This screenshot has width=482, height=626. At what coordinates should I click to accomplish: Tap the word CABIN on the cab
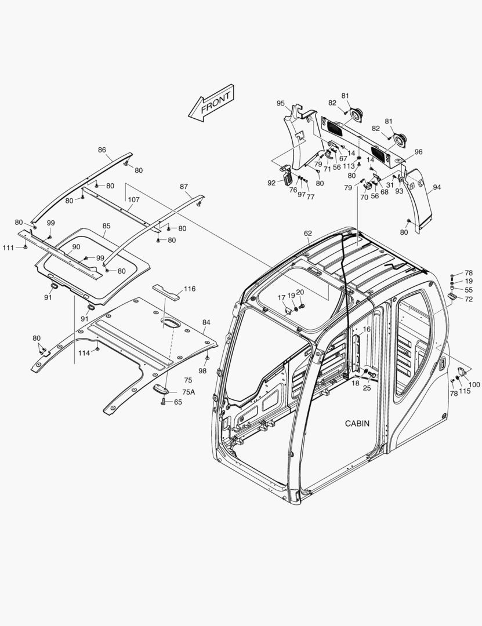(x=357, y=424)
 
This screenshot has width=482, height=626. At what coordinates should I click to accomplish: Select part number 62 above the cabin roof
(x=308, y=234)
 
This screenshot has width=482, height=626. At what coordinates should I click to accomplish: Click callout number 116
(x=189, y=289)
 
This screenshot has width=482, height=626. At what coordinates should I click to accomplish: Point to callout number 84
(x=206, y=322)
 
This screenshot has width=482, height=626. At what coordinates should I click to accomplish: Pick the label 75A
(x=189, y=392)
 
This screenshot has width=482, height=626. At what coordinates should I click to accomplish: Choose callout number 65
(x=177, y=402)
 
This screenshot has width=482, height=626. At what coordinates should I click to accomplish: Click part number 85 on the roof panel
(x=106, y=226)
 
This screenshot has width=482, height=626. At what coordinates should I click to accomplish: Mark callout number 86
(x=102, y=150)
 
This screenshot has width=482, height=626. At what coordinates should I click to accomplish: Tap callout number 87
(x=184, y=187)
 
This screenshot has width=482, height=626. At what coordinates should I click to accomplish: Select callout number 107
(x=133, y=199)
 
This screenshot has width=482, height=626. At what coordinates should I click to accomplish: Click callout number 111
(x=8, y=248)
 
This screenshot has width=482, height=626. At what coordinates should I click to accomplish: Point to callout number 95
(x=280, y=103)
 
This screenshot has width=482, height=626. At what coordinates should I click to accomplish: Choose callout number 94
(x=437, y=188)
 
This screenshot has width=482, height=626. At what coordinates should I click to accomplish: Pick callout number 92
(x=271, y=183)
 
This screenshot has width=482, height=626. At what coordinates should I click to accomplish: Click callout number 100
(x=474, y=384)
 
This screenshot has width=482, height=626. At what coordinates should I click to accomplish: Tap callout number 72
(x=468, y=299)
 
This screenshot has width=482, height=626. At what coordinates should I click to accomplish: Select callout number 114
(x=84, y=353)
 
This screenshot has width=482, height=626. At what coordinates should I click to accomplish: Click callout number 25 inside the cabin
(x=367, y=388)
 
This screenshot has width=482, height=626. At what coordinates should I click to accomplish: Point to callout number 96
(x=418, y=152)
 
